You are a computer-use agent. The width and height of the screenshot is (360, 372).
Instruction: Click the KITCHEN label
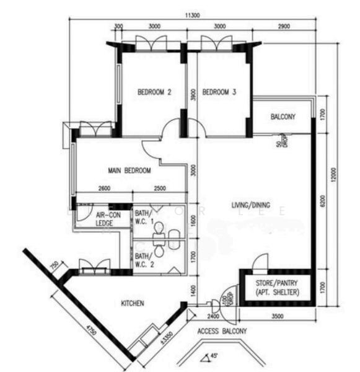[x=133, y=303]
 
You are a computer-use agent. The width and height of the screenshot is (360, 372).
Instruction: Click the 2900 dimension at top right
[x=284, y=27]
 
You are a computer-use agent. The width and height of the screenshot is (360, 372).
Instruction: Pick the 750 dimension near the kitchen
[x=54, y=267]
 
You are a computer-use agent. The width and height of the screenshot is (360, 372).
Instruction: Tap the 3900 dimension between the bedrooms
[x=193, y=94]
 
